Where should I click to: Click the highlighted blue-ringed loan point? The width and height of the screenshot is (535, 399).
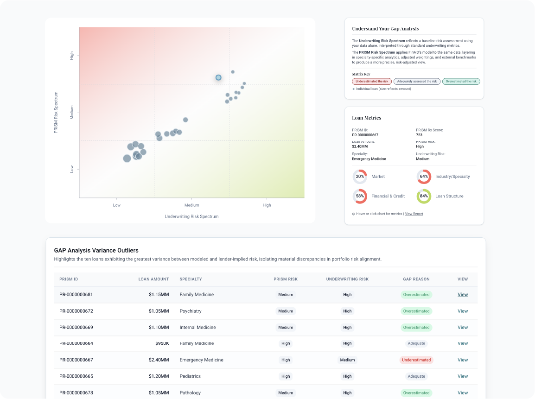coord(218,77)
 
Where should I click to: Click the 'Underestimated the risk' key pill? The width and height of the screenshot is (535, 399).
coord(372,81)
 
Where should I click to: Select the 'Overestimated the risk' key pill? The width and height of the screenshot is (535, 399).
coord(461,81)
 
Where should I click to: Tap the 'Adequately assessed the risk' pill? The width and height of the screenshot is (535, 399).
coord(417,81)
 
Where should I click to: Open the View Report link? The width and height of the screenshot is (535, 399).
coord(414,214)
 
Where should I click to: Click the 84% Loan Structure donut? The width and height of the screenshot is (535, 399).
coord(424,196)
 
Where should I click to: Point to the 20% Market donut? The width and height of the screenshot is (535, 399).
coord(360,177)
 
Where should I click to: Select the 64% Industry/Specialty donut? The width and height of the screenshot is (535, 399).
coord(424,177)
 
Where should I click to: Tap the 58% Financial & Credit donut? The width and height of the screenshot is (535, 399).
coord(360,196)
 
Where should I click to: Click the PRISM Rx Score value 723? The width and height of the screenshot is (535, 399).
coord(419,135)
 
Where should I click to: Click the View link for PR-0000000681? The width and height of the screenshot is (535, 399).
coord(463,295)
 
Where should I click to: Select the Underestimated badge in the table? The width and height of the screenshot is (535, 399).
coord(416,360)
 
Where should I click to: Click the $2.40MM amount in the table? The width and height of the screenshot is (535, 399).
coord(159,360)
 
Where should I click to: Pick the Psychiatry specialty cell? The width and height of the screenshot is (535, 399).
coord(191,311)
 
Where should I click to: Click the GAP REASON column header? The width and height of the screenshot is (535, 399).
coord(416,279)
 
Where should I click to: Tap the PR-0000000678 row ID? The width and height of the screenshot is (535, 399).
coord(76,393)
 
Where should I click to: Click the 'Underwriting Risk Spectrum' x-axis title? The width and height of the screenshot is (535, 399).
coord(191,216)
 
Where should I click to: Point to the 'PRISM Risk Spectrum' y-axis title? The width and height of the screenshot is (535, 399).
coord(56,112)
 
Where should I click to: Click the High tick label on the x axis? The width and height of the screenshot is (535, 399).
coord(267,205)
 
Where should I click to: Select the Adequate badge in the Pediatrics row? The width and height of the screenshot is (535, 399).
coord(416,376)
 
